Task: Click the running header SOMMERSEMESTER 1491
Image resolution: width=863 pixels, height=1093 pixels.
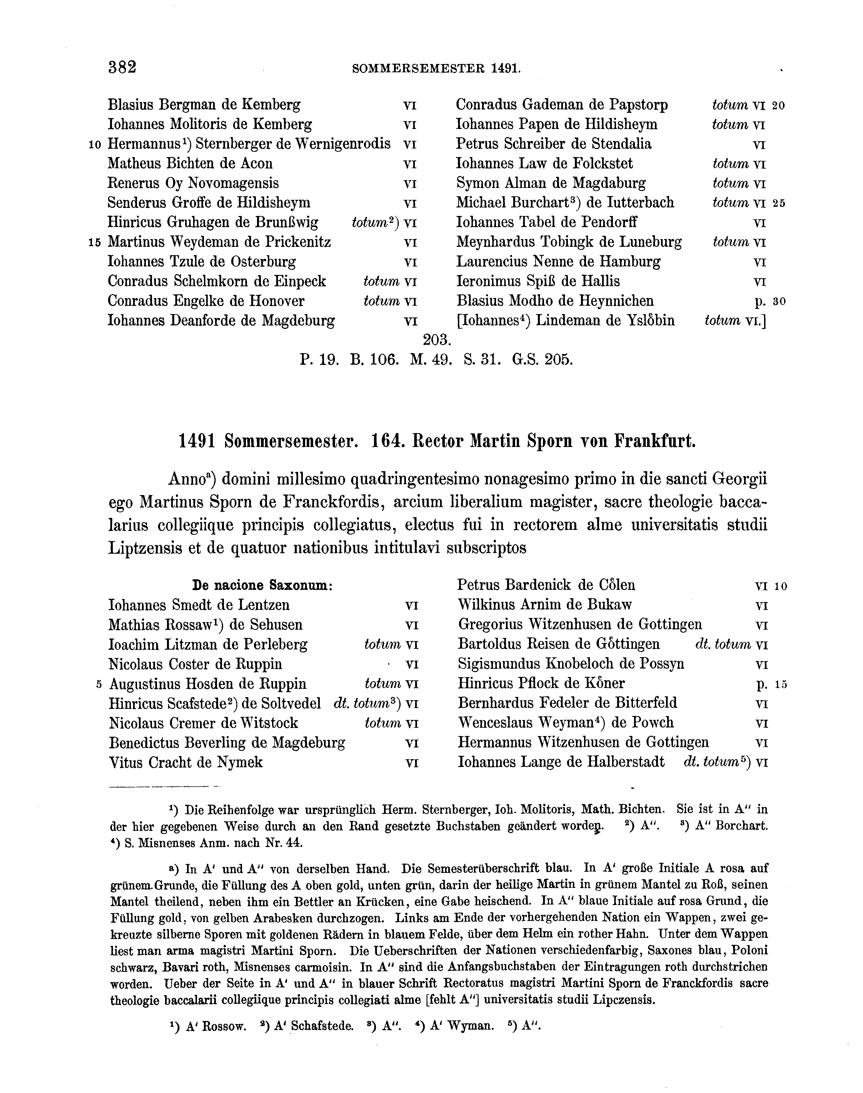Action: [436, 69]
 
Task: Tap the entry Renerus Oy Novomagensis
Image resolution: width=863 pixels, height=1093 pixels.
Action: [193, 183]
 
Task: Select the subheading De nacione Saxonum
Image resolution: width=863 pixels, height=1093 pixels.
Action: [262, 585]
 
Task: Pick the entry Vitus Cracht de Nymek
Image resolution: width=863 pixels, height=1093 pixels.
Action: [186, 762]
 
